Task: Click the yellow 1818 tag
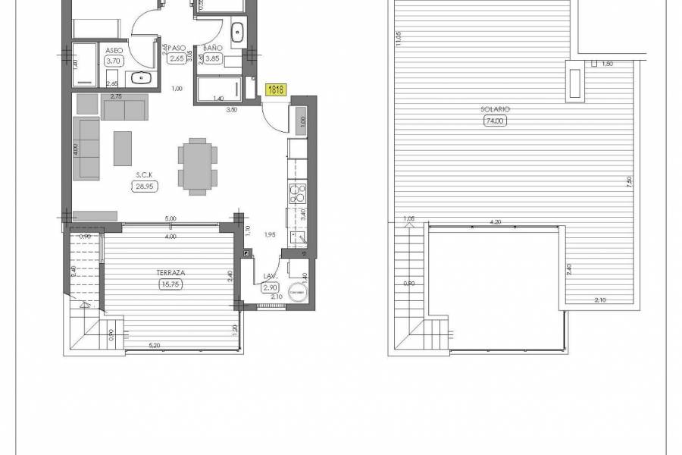(x=276, y=89)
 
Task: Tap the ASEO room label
(x=114, y=51)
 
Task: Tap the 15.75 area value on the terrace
(x=170, y=284)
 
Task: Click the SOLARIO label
(x=495, y=109)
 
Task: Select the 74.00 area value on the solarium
(x=496, y=121)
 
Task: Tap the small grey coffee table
(x=123, y=148)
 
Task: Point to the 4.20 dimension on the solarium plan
(x=496, y=222)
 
